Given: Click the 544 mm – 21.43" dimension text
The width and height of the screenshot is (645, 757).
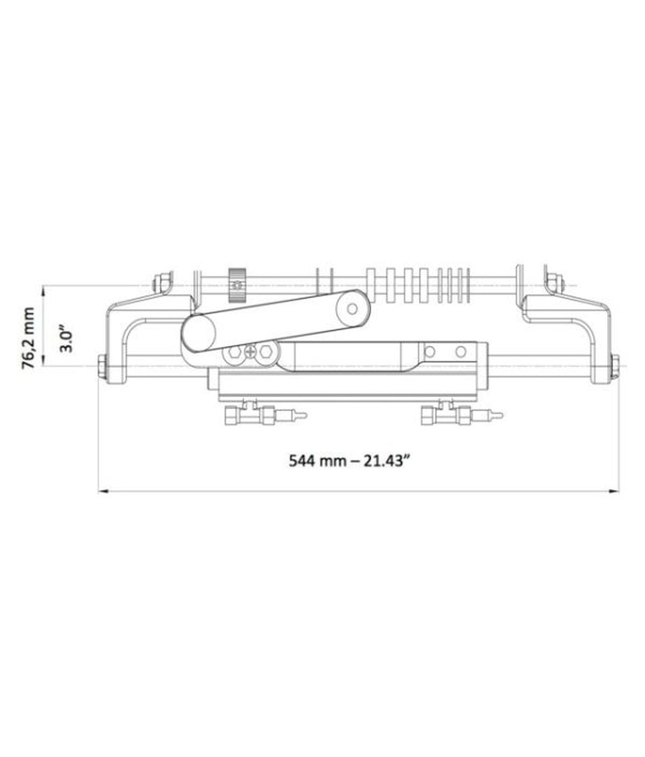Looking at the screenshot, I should pos(350,460).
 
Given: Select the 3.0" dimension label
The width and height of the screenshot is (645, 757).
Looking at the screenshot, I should pos(66,338).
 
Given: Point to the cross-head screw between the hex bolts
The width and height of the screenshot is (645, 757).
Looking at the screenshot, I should pos(250,352).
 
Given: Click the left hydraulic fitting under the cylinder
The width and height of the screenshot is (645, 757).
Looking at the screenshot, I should pos(250,415).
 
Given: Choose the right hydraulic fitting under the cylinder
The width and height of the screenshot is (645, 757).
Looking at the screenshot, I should pos(446,415).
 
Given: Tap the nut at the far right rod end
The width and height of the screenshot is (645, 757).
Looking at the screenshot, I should pos(615,367).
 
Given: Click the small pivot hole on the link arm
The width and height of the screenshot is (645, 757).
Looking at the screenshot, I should pos(352,307).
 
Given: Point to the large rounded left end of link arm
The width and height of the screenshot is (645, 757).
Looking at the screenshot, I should pos(198,334).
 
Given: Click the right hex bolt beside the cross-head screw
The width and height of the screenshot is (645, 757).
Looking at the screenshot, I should pos(267,352).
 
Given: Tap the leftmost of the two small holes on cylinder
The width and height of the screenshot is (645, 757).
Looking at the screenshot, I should pos(430,351).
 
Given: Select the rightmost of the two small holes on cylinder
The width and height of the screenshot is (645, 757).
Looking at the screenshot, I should pos(461,351).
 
